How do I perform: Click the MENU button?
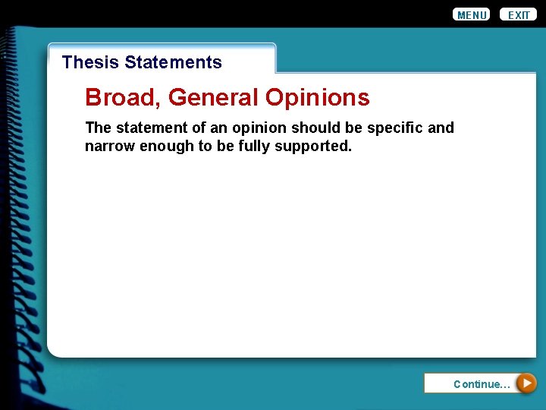[471, 14]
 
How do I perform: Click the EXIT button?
[519, 14]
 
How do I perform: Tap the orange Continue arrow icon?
[526, 383]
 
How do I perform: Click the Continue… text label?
[482, 384]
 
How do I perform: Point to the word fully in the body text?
[253, 146]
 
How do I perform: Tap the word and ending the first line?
[441, 128]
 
